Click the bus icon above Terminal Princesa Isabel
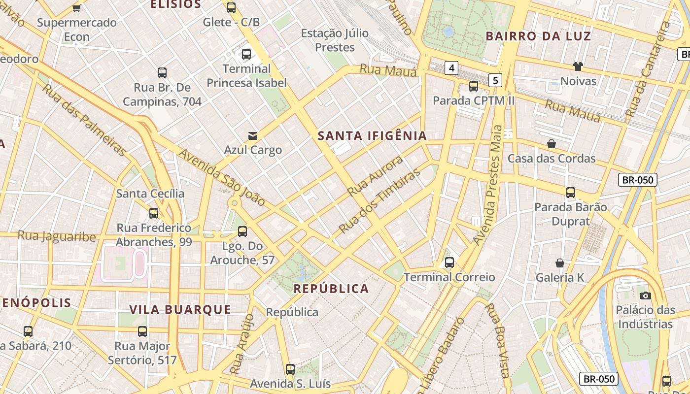click(246, 54)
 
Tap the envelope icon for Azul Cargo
click(253, 135)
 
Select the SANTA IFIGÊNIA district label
click(372, 136)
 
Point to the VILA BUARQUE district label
click(180, 309)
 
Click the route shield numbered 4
click(451, 67)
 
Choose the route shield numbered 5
click(495, 80)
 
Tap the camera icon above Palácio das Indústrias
click(645, 295)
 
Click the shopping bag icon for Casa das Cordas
click(552, 144)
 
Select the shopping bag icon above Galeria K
click(559, 263)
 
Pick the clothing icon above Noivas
click(578, 66)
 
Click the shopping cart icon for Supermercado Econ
click(76, 8)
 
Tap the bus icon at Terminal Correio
click(449, 263)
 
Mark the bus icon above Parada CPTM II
click(473, 86)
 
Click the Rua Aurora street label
click(375, 176)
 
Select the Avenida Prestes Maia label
click(488, 185)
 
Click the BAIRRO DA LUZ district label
click(538, 36)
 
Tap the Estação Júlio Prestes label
click(335, 40)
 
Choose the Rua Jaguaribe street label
click(57, 236)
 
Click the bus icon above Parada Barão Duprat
click(570, 192)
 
